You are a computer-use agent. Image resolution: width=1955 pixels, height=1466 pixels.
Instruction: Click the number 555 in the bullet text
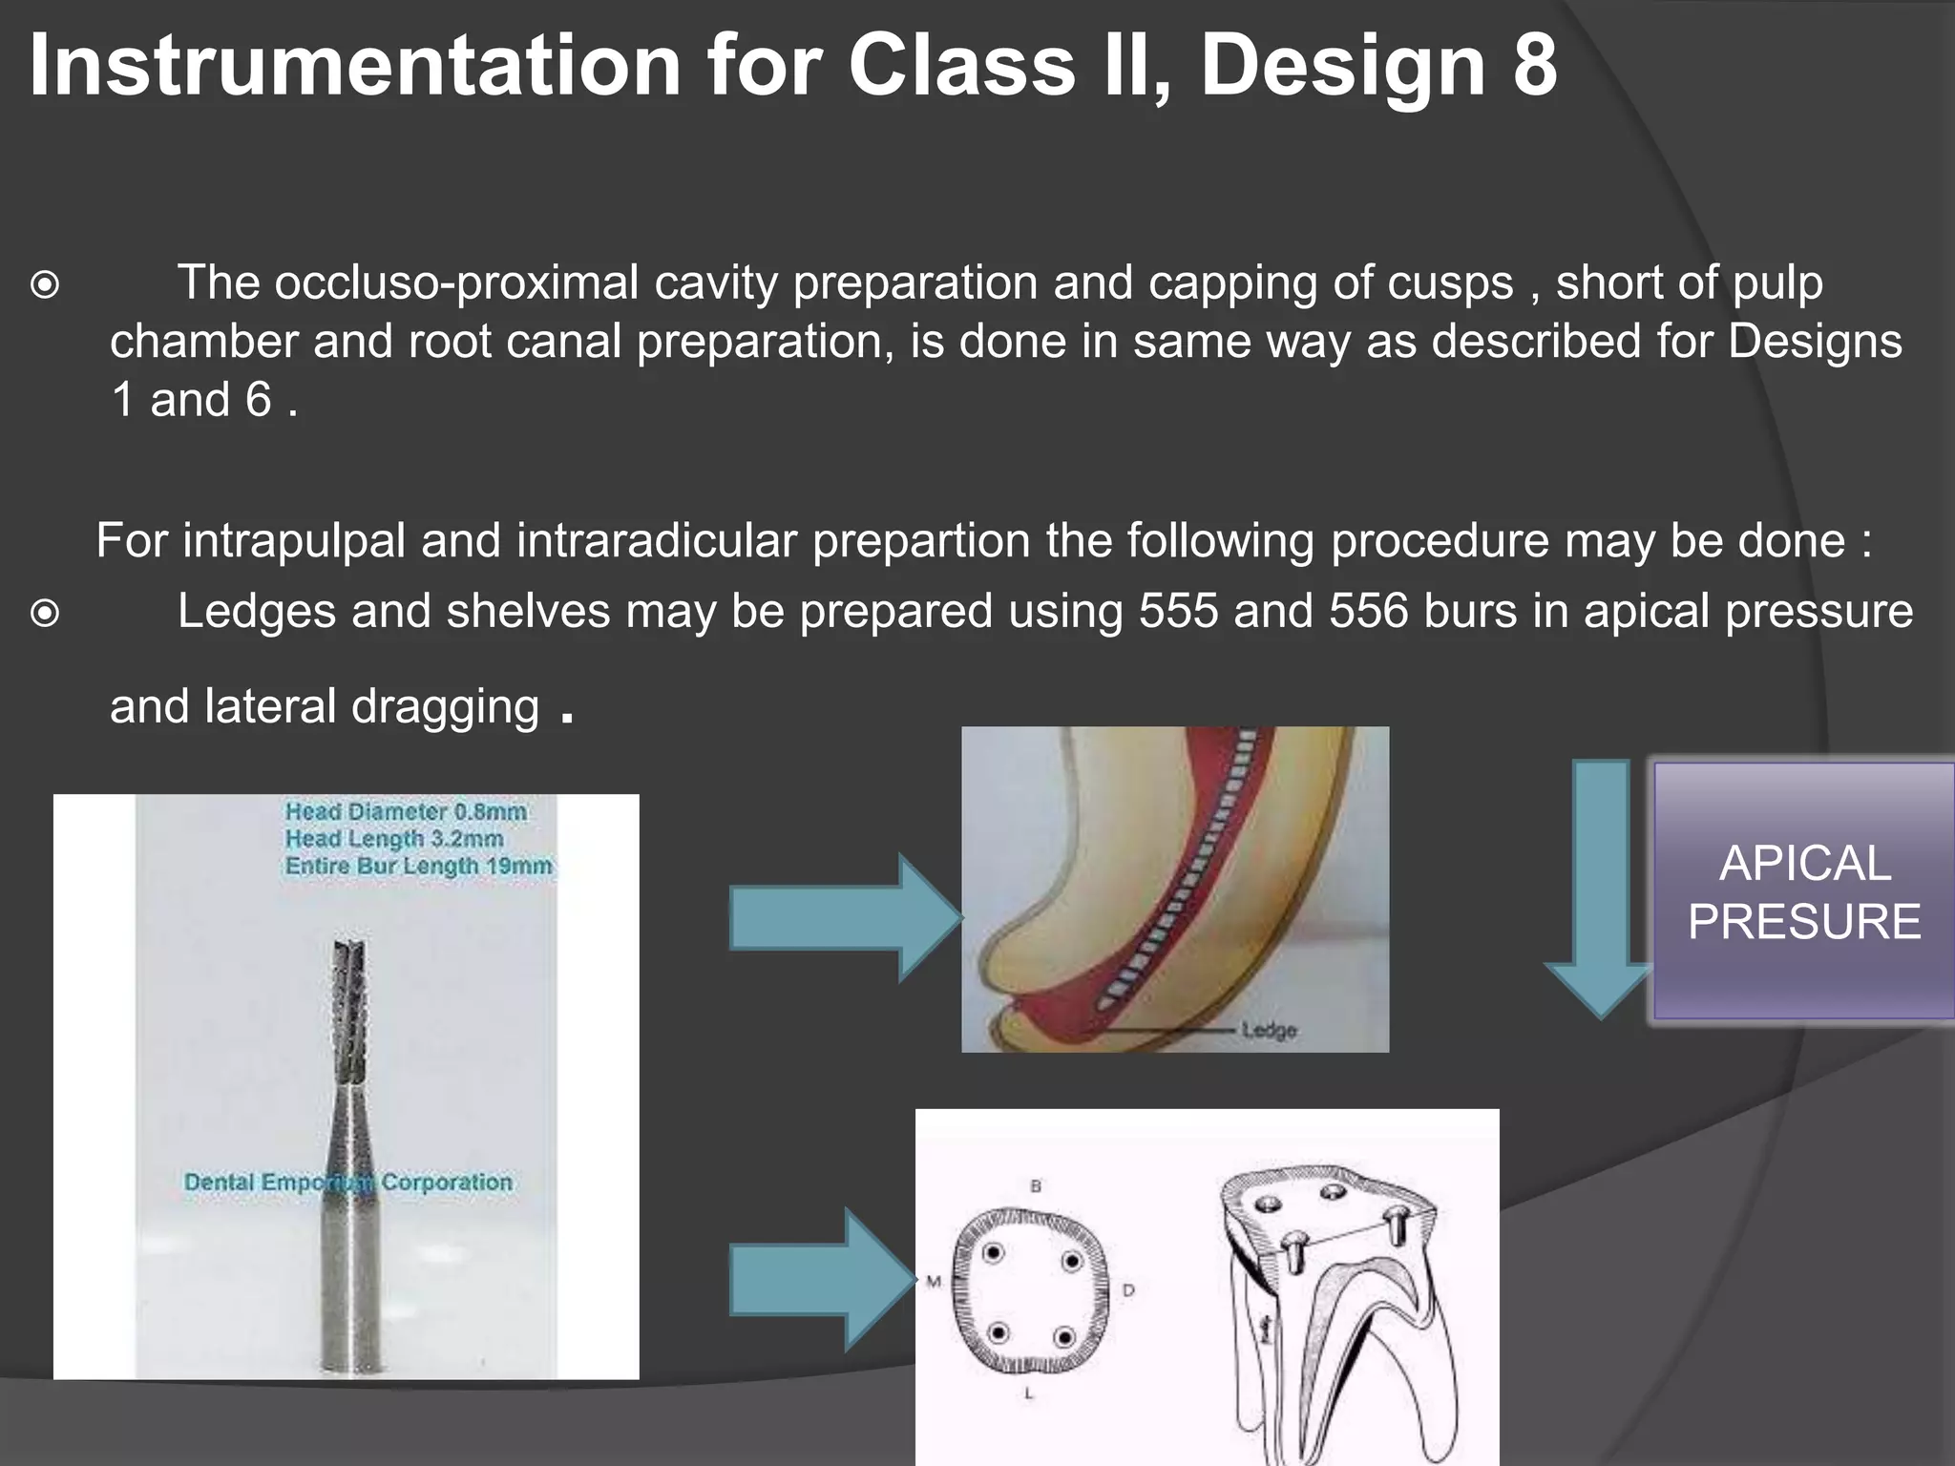(x=1178, y=611)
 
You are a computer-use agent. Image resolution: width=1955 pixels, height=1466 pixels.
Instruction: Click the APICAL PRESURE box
(x=1803, y=892)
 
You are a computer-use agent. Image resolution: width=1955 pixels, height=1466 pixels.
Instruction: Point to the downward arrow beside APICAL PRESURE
(x=1600, y=888)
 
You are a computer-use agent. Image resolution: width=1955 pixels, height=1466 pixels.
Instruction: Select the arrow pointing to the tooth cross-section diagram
(x=821, y=1279)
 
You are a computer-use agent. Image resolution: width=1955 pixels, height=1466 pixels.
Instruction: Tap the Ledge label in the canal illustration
(x=1269, y=1031)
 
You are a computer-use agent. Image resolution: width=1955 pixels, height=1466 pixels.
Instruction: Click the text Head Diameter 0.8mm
(x=406, y=811)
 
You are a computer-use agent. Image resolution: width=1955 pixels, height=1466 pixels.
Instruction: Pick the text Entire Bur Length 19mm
(x=418, y=866)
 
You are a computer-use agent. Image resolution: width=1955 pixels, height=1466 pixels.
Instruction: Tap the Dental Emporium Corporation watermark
(x=348, y=1182)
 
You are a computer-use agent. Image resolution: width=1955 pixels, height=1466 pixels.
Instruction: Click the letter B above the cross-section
(x=1036, y=1186)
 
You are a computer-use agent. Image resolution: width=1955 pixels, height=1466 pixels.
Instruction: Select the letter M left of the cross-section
(x=934, y=1281)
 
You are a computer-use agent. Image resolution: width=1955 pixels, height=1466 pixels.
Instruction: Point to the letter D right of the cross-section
(x=1128, y=1290)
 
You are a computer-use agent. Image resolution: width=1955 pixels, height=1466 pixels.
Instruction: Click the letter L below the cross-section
(x=1029, y=1393)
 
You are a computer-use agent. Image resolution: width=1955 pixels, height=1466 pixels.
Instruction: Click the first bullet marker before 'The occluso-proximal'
(x=45, y=284)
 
